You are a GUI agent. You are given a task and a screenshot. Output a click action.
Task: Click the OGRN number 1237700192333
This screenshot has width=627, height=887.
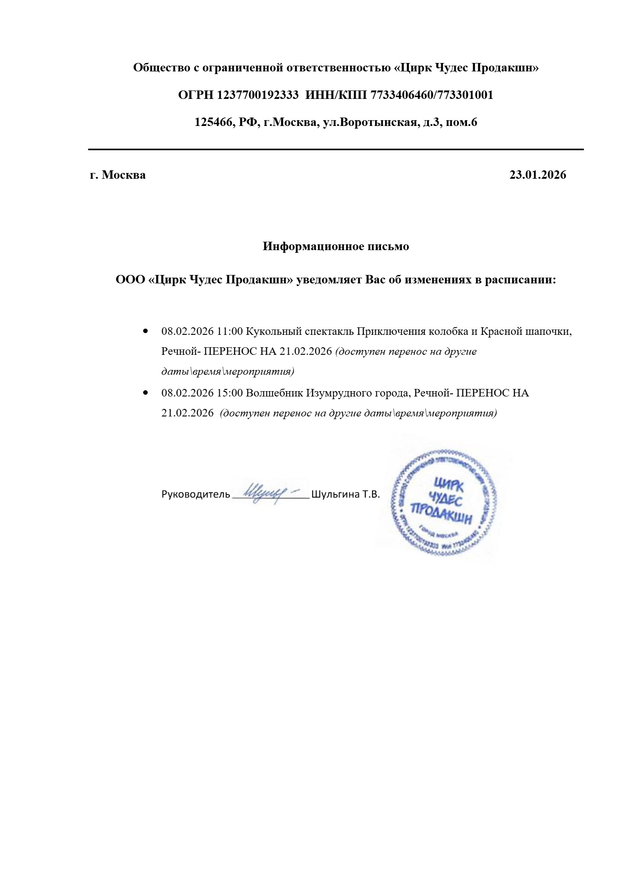(258, 95)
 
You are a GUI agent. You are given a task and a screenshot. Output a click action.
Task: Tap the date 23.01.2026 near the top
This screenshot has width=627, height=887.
(537, 175)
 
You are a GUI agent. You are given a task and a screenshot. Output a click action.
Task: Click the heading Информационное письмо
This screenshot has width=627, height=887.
(336, 247)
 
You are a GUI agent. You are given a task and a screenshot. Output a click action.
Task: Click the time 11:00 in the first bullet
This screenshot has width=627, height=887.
(230, 332)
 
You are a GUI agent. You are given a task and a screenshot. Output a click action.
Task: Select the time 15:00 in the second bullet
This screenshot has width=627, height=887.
(230, 393)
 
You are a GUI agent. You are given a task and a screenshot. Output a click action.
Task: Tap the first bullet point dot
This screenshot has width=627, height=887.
(145, 331)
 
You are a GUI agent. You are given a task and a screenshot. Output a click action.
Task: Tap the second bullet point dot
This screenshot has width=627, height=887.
(145, 393)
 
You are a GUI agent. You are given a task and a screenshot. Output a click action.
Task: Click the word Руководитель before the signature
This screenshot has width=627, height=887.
(196, 495)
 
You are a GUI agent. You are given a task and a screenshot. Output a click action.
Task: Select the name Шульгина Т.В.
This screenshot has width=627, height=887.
(345, 495)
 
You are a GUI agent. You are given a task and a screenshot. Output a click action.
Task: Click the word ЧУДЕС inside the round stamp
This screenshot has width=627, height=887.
(447, 500)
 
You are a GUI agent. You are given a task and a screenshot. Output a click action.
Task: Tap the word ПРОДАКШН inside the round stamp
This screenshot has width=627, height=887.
(442, 514)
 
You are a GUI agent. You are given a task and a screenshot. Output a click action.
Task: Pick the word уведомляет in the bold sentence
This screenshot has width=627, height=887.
(329, 280)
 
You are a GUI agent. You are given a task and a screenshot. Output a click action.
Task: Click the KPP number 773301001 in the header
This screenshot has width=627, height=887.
(465, 95)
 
